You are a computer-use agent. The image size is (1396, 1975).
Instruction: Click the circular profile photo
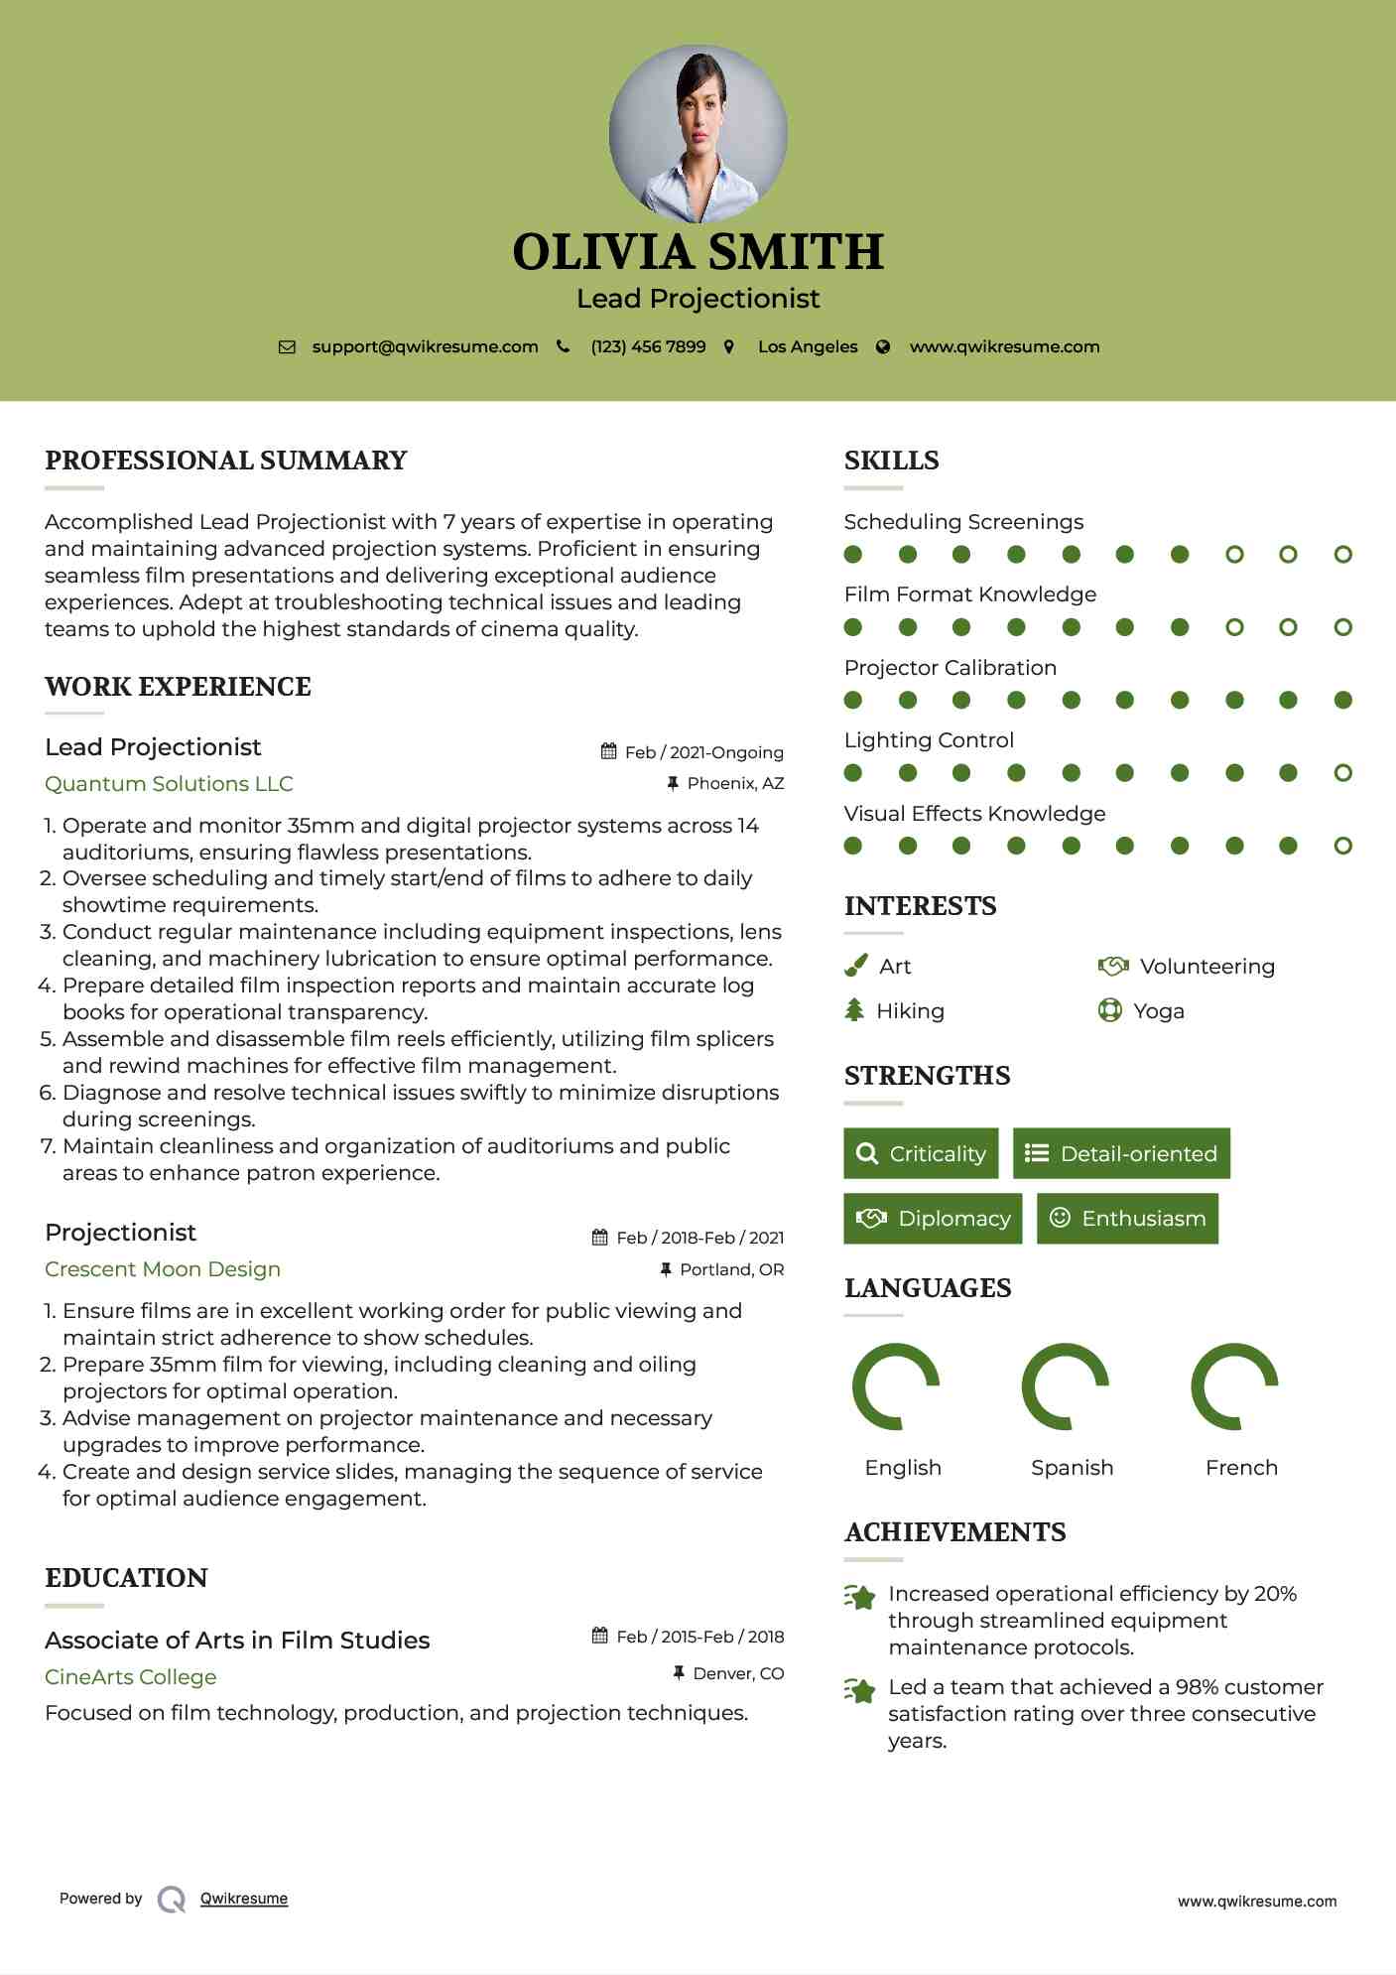[x=698, y=133]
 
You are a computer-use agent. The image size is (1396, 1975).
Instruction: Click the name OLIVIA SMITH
[x=698, y=251]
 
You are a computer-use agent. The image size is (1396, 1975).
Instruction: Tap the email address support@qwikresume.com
[x=425, y=346]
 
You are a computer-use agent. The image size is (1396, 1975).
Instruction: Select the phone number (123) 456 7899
[x=648, y=346]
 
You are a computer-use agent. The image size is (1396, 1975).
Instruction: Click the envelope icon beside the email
[x=287, y=346]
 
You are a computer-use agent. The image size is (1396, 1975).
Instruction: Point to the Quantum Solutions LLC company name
[x=169, y=783]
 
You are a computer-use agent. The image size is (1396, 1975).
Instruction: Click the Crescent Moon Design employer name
[x=163, y=1268]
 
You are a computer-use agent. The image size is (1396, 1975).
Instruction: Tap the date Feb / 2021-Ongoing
[x=703, y=752]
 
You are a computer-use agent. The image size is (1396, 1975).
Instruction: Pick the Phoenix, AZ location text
[x=735, y=783]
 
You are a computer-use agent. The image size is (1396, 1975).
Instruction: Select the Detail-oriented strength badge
[x=1121, y=1153]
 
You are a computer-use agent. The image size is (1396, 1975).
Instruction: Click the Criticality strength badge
[x=921, y=1153]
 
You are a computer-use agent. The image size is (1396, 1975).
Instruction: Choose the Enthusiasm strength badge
[x=1127, y=1218]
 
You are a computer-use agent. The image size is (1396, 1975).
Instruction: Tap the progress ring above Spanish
[x=1065, y=1386]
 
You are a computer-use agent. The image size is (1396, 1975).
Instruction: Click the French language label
[x=1241, y=1467]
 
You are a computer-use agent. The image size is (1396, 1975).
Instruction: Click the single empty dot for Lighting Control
[x=1342, y=772]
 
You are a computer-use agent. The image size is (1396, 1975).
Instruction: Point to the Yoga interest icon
[x=1109, y=1010]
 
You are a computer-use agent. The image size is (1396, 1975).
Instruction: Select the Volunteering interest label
[x=1206, y=966]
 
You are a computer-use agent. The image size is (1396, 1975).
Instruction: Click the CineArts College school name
[x=130, y=1676]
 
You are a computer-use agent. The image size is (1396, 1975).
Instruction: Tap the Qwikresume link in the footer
[x=244, y=1898]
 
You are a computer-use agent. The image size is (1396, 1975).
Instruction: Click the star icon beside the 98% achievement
[x=860, y=1689]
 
